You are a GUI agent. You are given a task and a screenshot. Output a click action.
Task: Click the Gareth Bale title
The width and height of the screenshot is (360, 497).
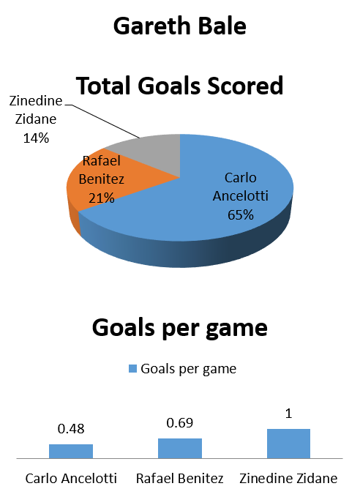(180, 26)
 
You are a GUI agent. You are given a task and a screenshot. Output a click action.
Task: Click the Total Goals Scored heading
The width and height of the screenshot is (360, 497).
(180, 86)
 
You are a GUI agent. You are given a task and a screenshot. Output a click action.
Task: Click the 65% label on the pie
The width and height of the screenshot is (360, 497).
(241, 215)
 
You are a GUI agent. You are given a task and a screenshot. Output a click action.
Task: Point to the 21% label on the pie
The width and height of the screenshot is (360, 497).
(102, 198)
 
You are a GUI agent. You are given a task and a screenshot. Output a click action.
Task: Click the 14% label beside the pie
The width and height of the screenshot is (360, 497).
(36, 138)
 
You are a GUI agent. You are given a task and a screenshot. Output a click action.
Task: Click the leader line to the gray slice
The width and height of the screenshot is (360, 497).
(102, 121)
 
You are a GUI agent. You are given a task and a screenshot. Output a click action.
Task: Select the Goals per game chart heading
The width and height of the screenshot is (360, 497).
(180, 328)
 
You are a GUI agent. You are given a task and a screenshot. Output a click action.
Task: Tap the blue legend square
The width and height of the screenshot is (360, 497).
(132, 369)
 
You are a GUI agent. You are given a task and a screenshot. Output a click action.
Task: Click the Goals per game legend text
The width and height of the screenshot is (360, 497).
(189, 369)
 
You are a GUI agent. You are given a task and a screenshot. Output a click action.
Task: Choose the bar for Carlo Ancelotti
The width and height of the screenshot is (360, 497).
(71, 452)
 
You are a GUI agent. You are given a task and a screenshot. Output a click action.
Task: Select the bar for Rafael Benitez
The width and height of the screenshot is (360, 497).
(180, 449)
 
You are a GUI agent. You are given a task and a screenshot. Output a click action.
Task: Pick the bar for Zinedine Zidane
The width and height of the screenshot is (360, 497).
(289, 444)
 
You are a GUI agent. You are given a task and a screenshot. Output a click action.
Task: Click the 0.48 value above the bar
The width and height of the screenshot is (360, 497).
(71, 429)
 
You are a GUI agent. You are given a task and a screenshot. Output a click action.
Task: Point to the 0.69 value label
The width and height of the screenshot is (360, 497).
(180, 423)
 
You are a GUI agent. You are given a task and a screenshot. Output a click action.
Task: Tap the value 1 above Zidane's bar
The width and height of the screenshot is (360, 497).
(288, 414)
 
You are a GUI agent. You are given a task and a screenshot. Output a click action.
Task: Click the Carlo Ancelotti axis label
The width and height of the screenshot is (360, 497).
(71, 478)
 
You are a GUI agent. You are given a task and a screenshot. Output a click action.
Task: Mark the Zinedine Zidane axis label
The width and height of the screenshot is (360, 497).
(288, 478)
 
